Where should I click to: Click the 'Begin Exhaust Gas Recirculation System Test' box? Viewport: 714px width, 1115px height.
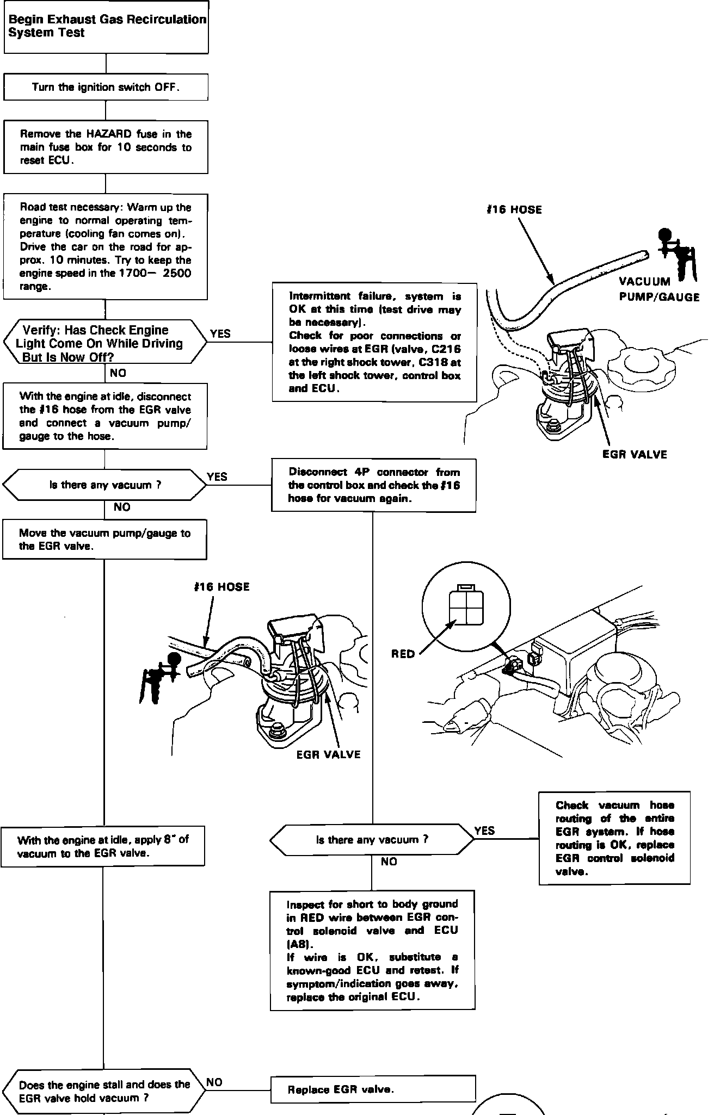point(106,27)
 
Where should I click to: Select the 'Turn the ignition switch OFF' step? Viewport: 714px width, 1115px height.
point(106,87)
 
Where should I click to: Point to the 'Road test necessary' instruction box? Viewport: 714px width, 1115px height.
point(106,246)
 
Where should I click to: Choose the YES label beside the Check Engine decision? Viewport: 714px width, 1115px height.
point(220,334)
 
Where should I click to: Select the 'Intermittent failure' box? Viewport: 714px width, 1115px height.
point(374,342)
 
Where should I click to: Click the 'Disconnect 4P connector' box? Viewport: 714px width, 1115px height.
point(374,485)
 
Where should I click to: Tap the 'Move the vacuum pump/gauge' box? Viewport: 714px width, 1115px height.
point(104,540)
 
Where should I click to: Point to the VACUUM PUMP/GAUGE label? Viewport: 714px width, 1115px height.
point(658,289)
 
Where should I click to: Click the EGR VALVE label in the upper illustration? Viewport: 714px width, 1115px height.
point(635,455)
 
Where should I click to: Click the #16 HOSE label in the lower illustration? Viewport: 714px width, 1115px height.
point(221,587)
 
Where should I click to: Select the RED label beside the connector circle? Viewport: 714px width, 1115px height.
point(403,654)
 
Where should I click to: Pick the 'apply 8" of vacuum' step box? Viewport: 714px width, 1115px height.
point(103,846)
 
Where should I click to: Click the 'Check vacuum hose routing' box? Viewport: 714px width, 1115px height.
point(614,838)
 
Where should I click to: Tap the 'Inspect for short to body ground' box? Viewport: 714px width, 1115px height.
point(373,950)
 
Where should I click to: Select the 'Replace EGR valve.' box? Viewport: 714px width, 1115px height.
point(373,1089)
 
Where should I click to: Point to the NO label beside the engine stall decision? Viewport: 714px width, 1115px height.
point(214,1082)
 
